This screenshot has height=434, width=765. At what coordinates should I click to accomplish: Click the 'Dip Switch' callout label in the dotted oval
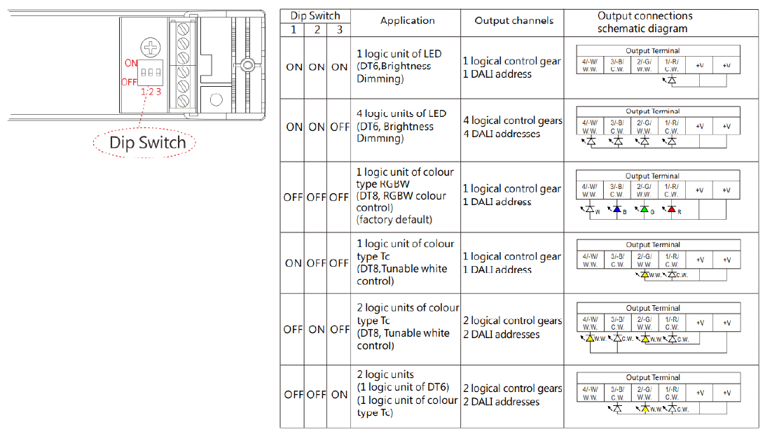pos(147,142)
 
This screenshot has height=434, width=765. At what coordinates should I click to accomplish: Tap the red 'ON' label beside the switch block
pos(131,63)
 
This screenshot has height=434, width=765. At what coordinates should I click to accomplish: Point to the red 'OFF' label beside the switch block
pos(129,82)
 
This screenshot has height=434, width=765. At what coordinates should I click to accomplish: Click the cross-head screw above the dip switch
pos(150,48)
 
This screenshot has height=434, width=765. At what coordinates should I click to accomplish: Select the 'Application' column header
pos(408,20)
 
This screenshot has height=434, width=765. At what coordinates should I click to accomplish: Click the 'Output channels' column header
pos(514,20)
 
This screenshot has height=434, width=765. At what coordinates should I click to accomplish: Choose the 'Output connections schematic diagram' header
pos(644,22)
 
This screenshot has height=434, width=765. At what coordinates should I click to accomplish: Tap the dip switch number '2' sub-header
pos(317,29)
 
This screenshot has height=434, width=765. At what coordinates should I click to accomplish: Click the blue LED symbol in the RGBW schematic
pos(617,209)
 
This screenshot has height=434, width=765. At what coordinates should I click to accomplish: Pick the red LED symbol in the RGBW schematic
pos(671,209)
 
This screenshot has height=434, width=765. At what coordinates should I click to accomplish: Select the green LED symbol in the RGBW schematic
pos(645,209)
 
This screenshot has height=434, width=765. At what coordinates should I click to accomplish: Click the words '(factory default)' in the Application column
pos(394,219)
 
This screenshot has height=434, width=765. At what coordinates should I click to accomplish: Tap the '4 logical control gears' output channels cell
pos(513,120)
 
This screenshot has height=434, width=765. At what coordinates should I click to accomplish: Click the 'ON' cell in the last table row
pos(339,395)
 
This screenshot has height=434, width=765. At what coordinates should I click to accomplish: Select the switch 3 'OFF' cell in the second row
pos(340,127)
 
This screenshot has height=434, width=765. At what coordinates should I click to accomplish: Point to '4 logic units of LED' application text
pos(401,113)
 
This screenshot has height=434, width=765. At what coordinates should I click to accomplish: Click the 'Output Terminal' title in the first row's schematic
pos(653,50)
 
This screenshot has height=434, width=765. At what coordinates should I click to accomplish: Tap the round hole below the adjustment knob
pos(216,100)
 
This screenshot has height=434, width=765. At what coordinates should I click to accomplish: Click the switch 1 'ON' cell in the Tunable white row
pos(294,262)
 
